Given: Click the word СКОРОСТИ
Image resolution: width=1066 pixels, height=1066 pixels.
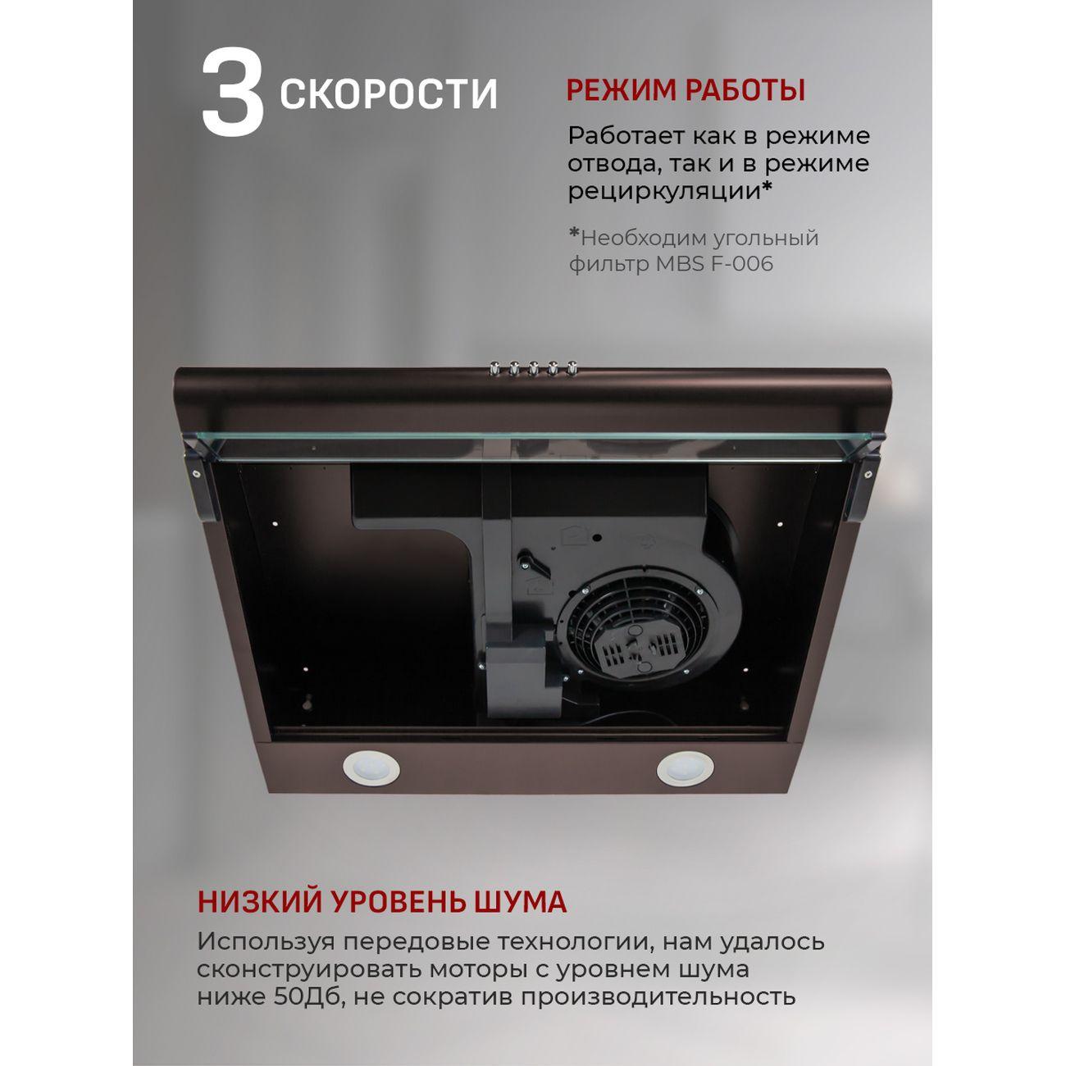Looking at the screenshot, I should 389,94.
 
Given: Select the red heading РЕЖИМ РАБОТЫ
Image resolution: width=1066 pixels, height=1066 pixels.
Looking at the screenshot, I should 686,90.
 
